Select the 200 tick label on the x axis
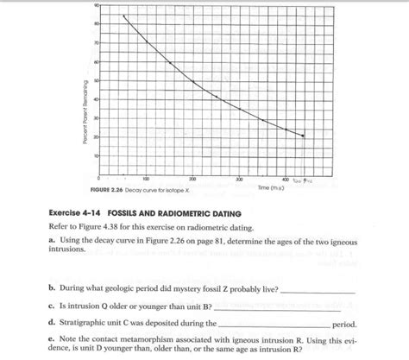pos(192,178)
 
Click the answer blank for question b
pos(318,291)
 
